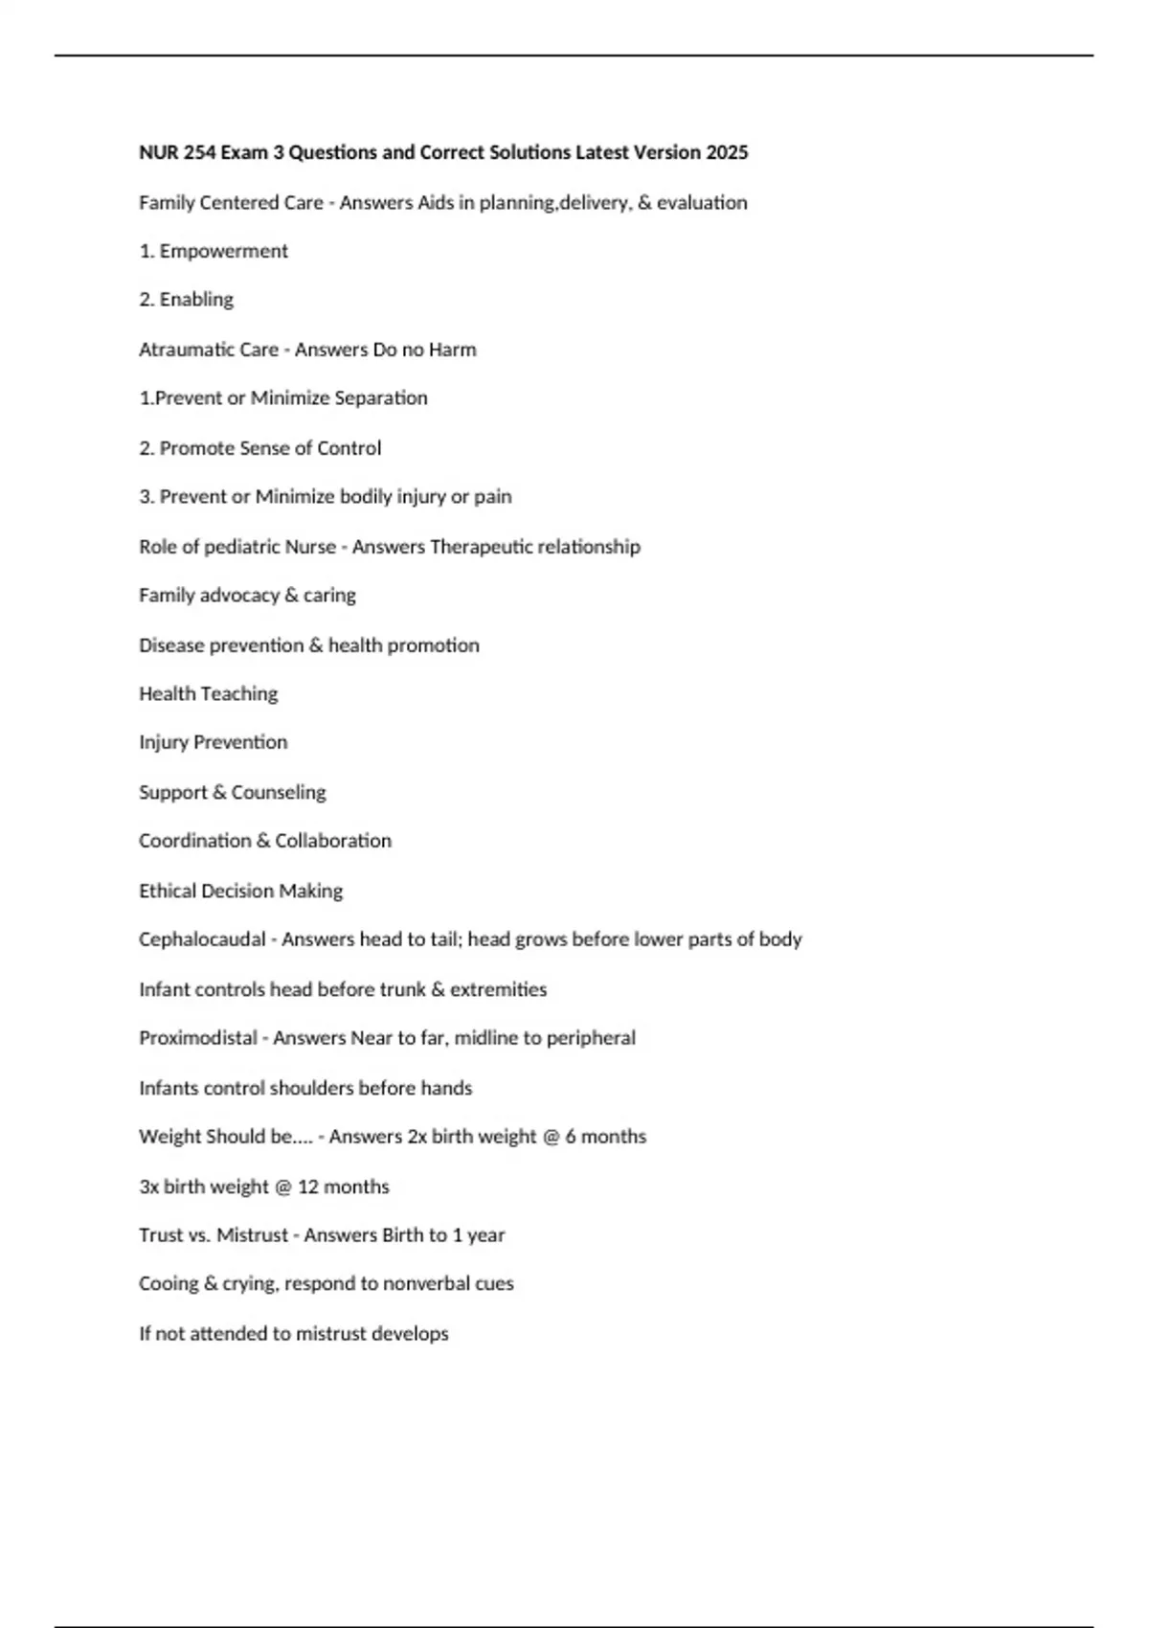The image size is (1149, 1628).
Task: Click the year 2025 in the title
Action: click(727, 152)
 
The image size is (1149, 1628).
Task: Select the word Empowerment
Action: click(223, 251)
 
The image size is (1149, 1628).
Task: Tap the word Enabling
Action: click(196, 300)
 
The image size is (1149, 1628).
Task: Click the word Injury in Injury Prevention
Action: click(163, 742)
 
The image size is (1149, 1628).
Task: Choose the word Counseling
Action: click(279, 793)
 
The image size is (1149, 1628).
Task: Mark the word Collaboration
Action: click(333, 841)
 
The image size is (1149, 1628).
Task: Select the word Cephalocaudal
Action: click(202, 939)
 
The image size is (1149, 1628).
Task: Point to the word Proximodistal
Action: click(198, 1038)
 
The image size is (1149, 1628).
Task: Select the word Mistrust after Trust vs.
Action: click(252, 1235)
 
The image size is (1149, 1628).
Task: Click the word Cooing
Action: click(169, 1284)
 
